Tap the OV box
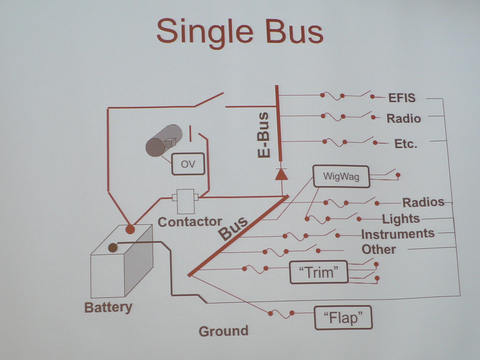tap(188, 164)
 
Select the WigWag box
tap(341, 176)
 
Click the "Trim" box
tap(319, 272)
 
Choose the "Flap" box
tap(343, 318)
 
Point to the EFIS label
tap(402, 98)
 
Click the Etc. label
tap(406, 144)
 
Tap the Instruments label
tap(398, 234)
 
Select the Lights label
tap(401, 219)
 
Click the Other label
tap(378, 249)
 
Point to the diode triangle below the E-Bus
tap(281, 174)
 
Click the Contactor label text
tap(190, 222)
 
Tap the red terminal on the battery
tap(130, 229)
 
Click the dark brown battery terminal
tap(113, 247)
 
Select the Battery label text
tap(108, 307)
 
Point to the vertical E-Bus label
tap(263, 135)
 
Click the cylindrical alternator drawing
tap(164, 141)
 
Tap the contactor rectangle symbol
tap(186, 201)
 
